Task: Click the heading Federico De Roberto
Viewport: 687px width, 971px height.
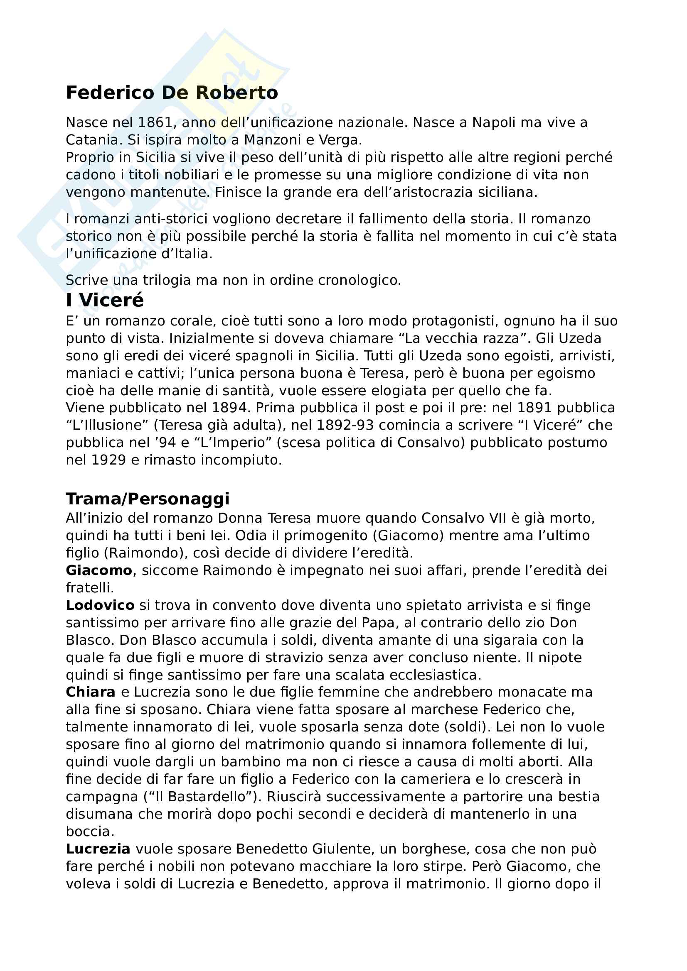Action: coord(172,93)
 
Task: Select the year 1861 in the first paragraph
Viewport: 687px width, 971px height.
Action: coord(155,122)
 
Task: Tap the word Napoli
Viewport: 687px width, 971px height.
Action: coord(494,122)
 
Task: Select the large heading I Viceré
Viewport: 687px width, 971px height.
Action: coord(105,300)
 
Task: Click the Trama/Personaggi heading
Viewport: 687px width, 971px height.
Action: coord(147,499)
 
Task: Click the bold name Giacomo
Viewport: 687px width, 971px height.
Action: coord(99,570)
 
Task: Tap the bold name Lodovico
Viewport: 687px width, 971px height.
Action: coord(100,605)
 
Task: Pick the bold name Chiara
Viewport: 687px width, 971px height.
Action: coord(91,692)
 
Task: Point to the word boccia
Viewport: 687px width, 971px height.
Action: coord(90,832)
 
